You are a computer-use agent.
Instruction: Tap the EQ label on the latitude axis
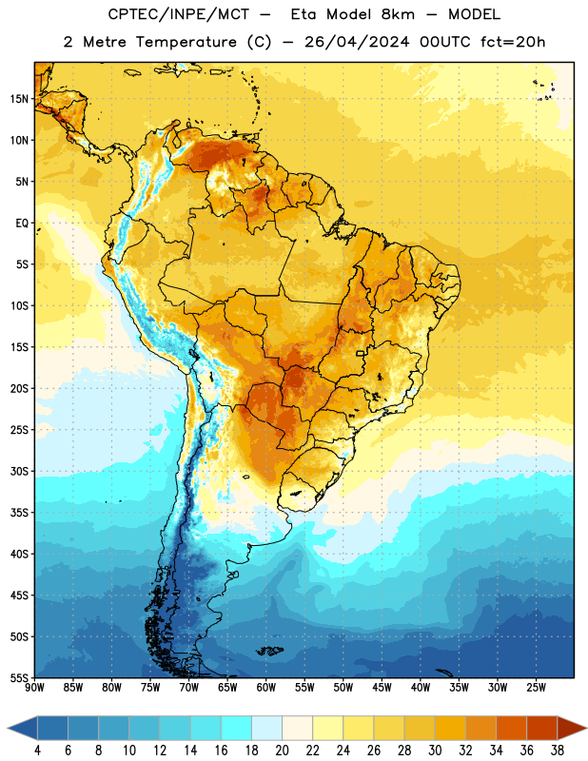click(22, 223)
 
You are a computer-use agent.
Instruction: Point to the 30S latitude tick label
click(19, 471)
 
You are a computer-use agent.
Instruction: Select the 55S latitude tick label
click(19, 677)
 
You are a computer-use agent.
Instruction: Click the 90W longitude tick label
click(35, 687)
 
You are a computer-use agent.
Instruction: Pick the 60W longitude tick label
click(266, 687)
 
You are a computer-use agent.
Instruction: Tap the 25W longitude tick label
click(536, 687)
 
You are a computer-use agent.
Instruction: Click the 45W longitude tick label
click(382, 687)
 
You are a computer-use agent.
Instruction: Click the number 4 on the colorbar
click(37, 751)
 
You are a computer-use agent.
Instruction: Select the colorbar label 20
click(282, 751)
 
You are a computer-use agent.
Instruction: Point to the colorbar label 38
click(558, 751)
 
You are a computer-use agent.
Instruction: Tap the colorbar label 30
click(435, 751)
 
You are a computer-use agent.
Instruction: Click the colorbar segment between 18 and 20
click(267, 728)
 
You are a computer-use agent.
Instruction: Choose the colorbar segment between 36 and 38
click(542, 728)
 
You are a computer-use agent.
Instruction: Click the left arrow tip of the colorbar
click(8, 728)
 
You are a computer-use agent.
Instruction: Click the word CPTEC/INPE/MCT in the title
click(179, 14)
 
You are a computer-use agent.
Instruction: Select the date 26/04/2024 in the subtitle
click(357, 42)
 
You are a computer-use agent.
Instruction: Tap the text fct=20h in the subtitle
click(513, 42)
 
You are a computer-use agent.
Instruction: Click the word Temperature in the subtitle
click(186, 42)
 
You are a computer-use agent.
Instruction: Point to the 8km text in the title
click(398, 14)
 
